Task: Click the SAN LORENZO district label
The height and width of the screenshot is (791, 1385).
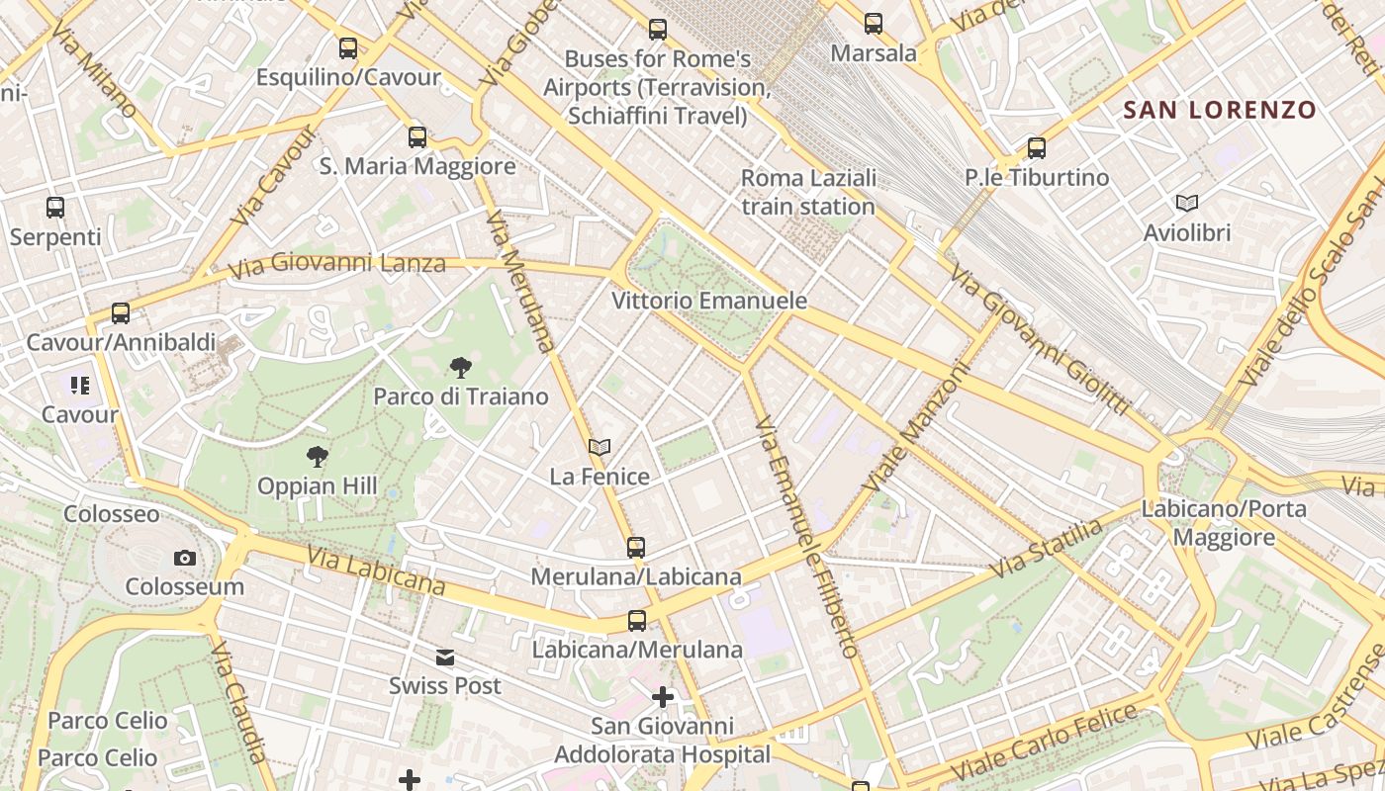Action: (1220, 110)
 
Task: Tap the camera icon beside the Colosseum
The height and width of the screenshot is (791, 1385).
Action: (184, 559)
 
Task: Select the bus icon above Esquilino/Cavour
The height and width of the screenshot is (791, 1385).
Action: (348, 47)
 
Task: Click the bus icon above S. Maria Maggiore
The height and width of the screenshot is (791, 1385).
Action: (417, 136)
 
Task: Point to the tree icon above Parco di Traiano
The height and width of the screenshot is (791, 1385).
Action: (460, 368)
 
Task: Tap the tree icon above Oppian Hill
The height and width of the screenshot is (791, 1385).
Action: (317, 457)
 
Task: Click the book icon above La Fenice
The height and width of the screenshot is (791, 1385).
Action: (600, 448)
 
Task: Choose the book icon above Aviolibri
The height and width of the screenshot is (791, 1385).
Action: (1187, 204)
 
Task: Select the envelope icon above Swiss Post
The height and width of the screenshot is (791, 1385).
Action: (445, 658)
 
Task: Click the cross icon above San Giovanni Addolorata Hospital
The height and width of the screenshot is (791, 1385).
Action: (662, 698)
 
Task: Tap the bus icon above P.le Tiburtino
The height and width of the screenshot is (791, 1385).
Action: (1036, 148)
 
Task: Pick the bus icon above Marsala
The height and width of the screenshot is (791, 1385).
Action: (874, 24)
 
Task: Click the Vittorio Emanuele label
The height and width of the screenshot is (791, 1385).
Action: (709, 301)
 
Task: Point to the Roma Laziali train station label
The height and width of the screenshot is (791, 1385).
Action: (808, 193)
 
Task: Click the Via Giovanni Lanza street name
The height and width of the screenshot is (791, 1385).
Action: (336, 265)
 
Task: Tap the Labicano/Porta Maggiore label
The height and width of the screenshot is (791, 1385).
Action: (1224, 523)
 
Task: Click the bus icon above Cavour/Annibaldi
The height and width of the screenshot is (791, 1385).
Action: (121, 313)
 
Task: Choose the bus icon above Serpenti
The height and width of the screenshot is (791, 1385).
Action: (55, 208)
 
